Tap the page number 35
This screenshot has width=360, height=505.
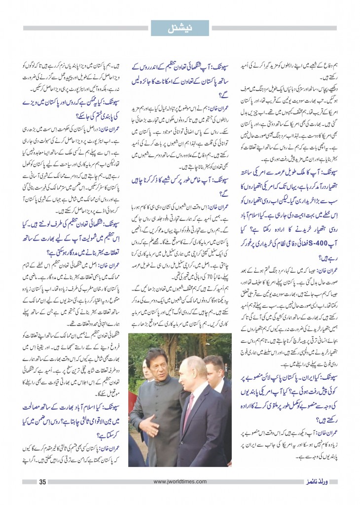(x=42, y=482)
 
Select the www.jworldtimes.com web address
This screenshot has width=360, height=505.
(x=180, y=482)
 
